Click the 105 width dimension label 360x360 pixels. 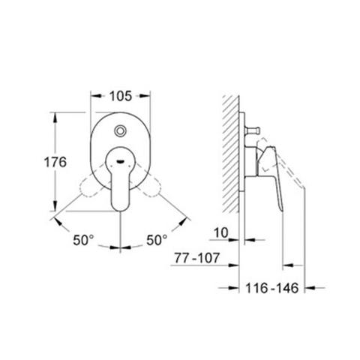click(120, 95)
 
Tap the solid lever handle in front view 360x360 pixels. click(120, 184)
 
